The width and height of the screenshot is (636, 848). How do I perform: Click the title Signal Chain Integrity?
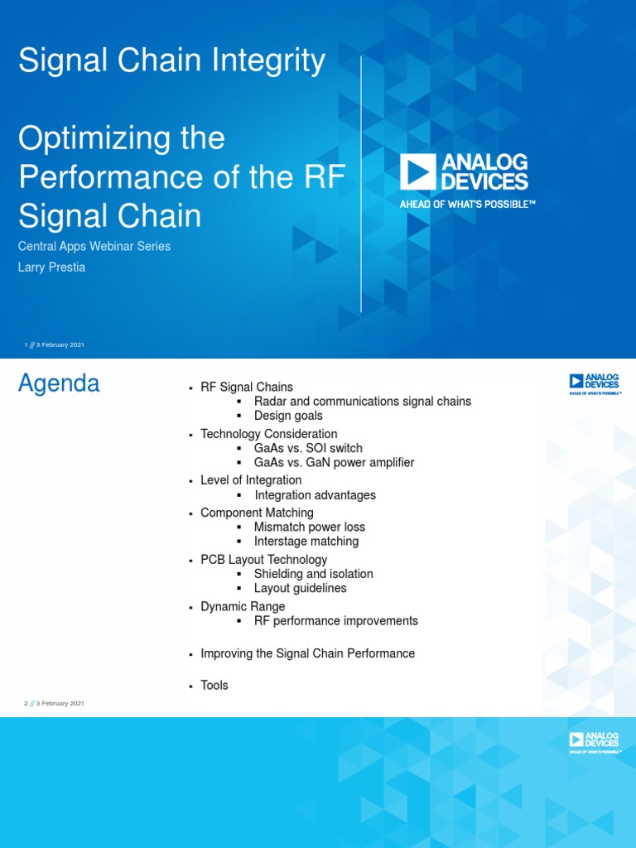[x=171, y=61]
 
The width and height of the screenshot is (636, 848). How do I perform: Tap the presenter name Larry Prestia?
[x=51, y=267]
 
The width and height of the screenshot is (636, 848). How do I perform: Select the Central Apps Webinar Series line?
[x=94, y=246]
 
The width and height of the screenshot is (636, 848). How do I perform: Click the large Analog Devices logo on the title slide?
[x=464, y=171]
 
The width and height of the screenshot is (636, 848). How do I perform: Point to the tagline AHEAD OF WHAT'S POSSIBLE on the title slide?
[x=468, y=204]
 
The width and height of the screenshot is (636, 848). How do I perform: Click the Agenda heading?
[x=59, y=383]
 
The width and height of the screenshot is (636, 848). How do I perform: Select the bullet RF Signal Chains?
[x=247, y=387]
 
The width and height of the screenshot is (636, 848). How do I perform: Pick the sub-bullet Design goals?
[x=288, y=416]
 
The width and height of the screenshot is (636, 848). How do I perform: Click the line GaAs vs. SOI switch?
[x=308, y=448]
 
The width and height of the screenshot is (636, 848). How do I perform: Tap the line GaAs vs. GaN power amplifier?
[x=334, y=463]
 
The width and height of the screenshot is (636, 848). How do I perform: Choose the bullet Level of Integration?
[x=251, y=480]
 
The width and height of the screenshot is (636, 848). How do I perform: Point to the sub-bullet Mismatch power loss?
[x=309, y=527]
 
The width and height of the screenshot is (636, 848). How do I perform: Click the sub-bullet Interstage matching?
[x=306, y=542]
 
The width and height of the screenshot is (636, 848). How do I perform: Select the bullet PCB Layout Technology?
[x=263, y=560]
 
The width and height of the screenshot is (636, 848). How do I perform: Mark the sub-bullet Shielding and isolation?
[x=313, y=574]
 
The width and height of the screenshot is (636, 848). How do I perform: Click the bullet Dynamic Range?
[x=243, y=606]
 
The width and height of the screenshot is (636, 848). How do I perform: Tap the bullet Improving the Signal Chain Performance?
[x=307, y=653]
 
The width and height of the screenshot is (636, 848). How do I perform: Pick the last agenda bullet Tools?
[x=214, y=686]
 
